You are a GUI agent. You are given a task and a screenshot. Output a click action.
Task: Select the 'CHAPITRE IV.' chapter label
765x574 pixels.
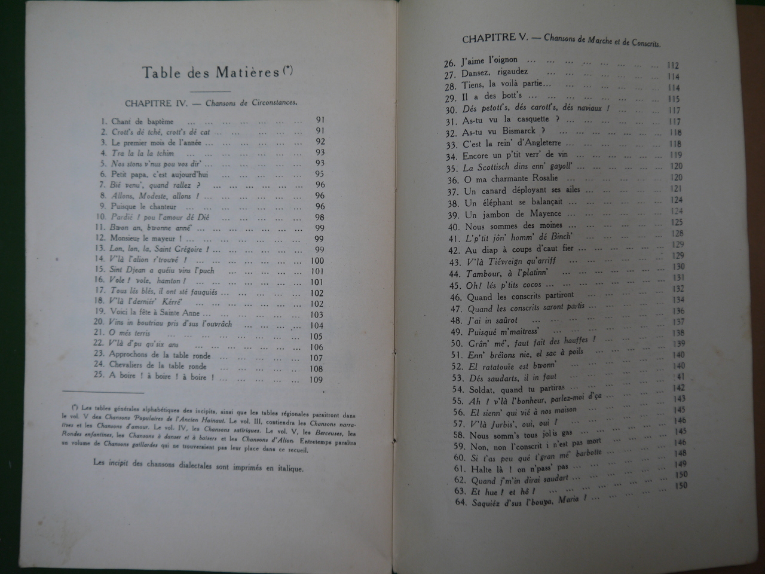(x=157, y=103)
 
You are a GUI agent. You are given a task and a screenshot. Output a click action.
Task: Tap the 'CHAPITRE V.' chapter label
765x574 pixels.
(x=494, y=38)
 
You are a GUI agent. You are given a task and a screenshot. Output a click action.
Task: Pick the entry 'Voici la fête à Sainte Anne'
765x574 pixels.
(x=158, y=313)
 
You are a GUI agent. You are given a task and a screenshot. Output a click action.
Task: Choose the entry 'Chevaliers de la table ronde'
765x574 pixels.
(x=158, y=366)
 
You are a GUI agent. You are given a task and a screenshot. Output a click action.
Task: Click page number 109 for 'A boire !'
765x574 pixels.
(x=316, y=380)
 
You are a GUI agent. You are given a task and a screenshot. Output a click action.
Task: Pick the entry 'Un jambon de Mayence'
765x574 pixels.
(x=513, y=213)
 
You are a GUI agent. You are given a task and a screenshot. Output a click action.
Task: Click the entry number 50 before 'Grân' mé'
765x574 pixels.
(x=457, y=343)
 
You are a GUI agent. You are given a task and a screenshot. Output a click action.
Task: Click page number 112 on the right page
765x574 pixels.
(x=673, y=66)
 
